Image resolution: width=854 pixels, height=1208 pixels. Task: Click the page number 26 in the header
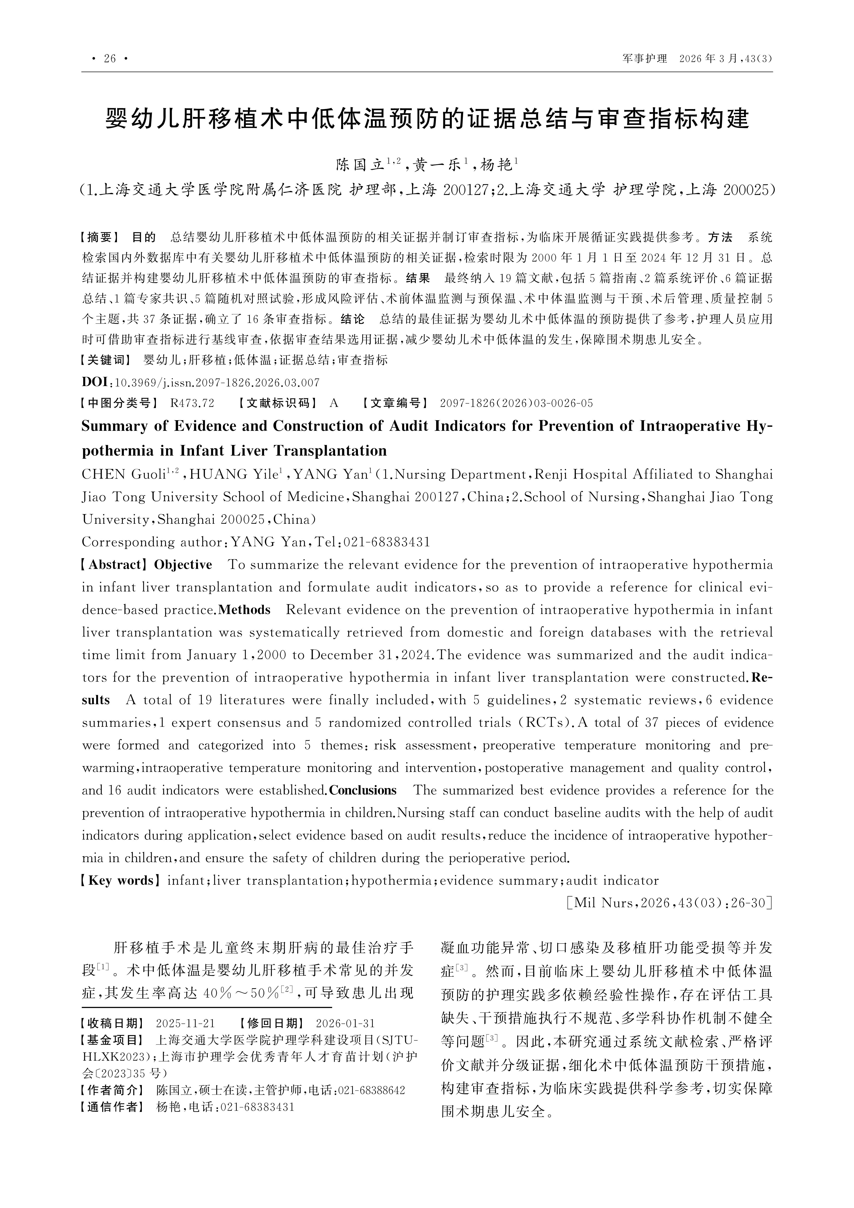(x=110, y=58)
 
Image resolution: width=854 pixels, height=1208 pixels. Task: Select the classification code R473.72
(x=193, y=404)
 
